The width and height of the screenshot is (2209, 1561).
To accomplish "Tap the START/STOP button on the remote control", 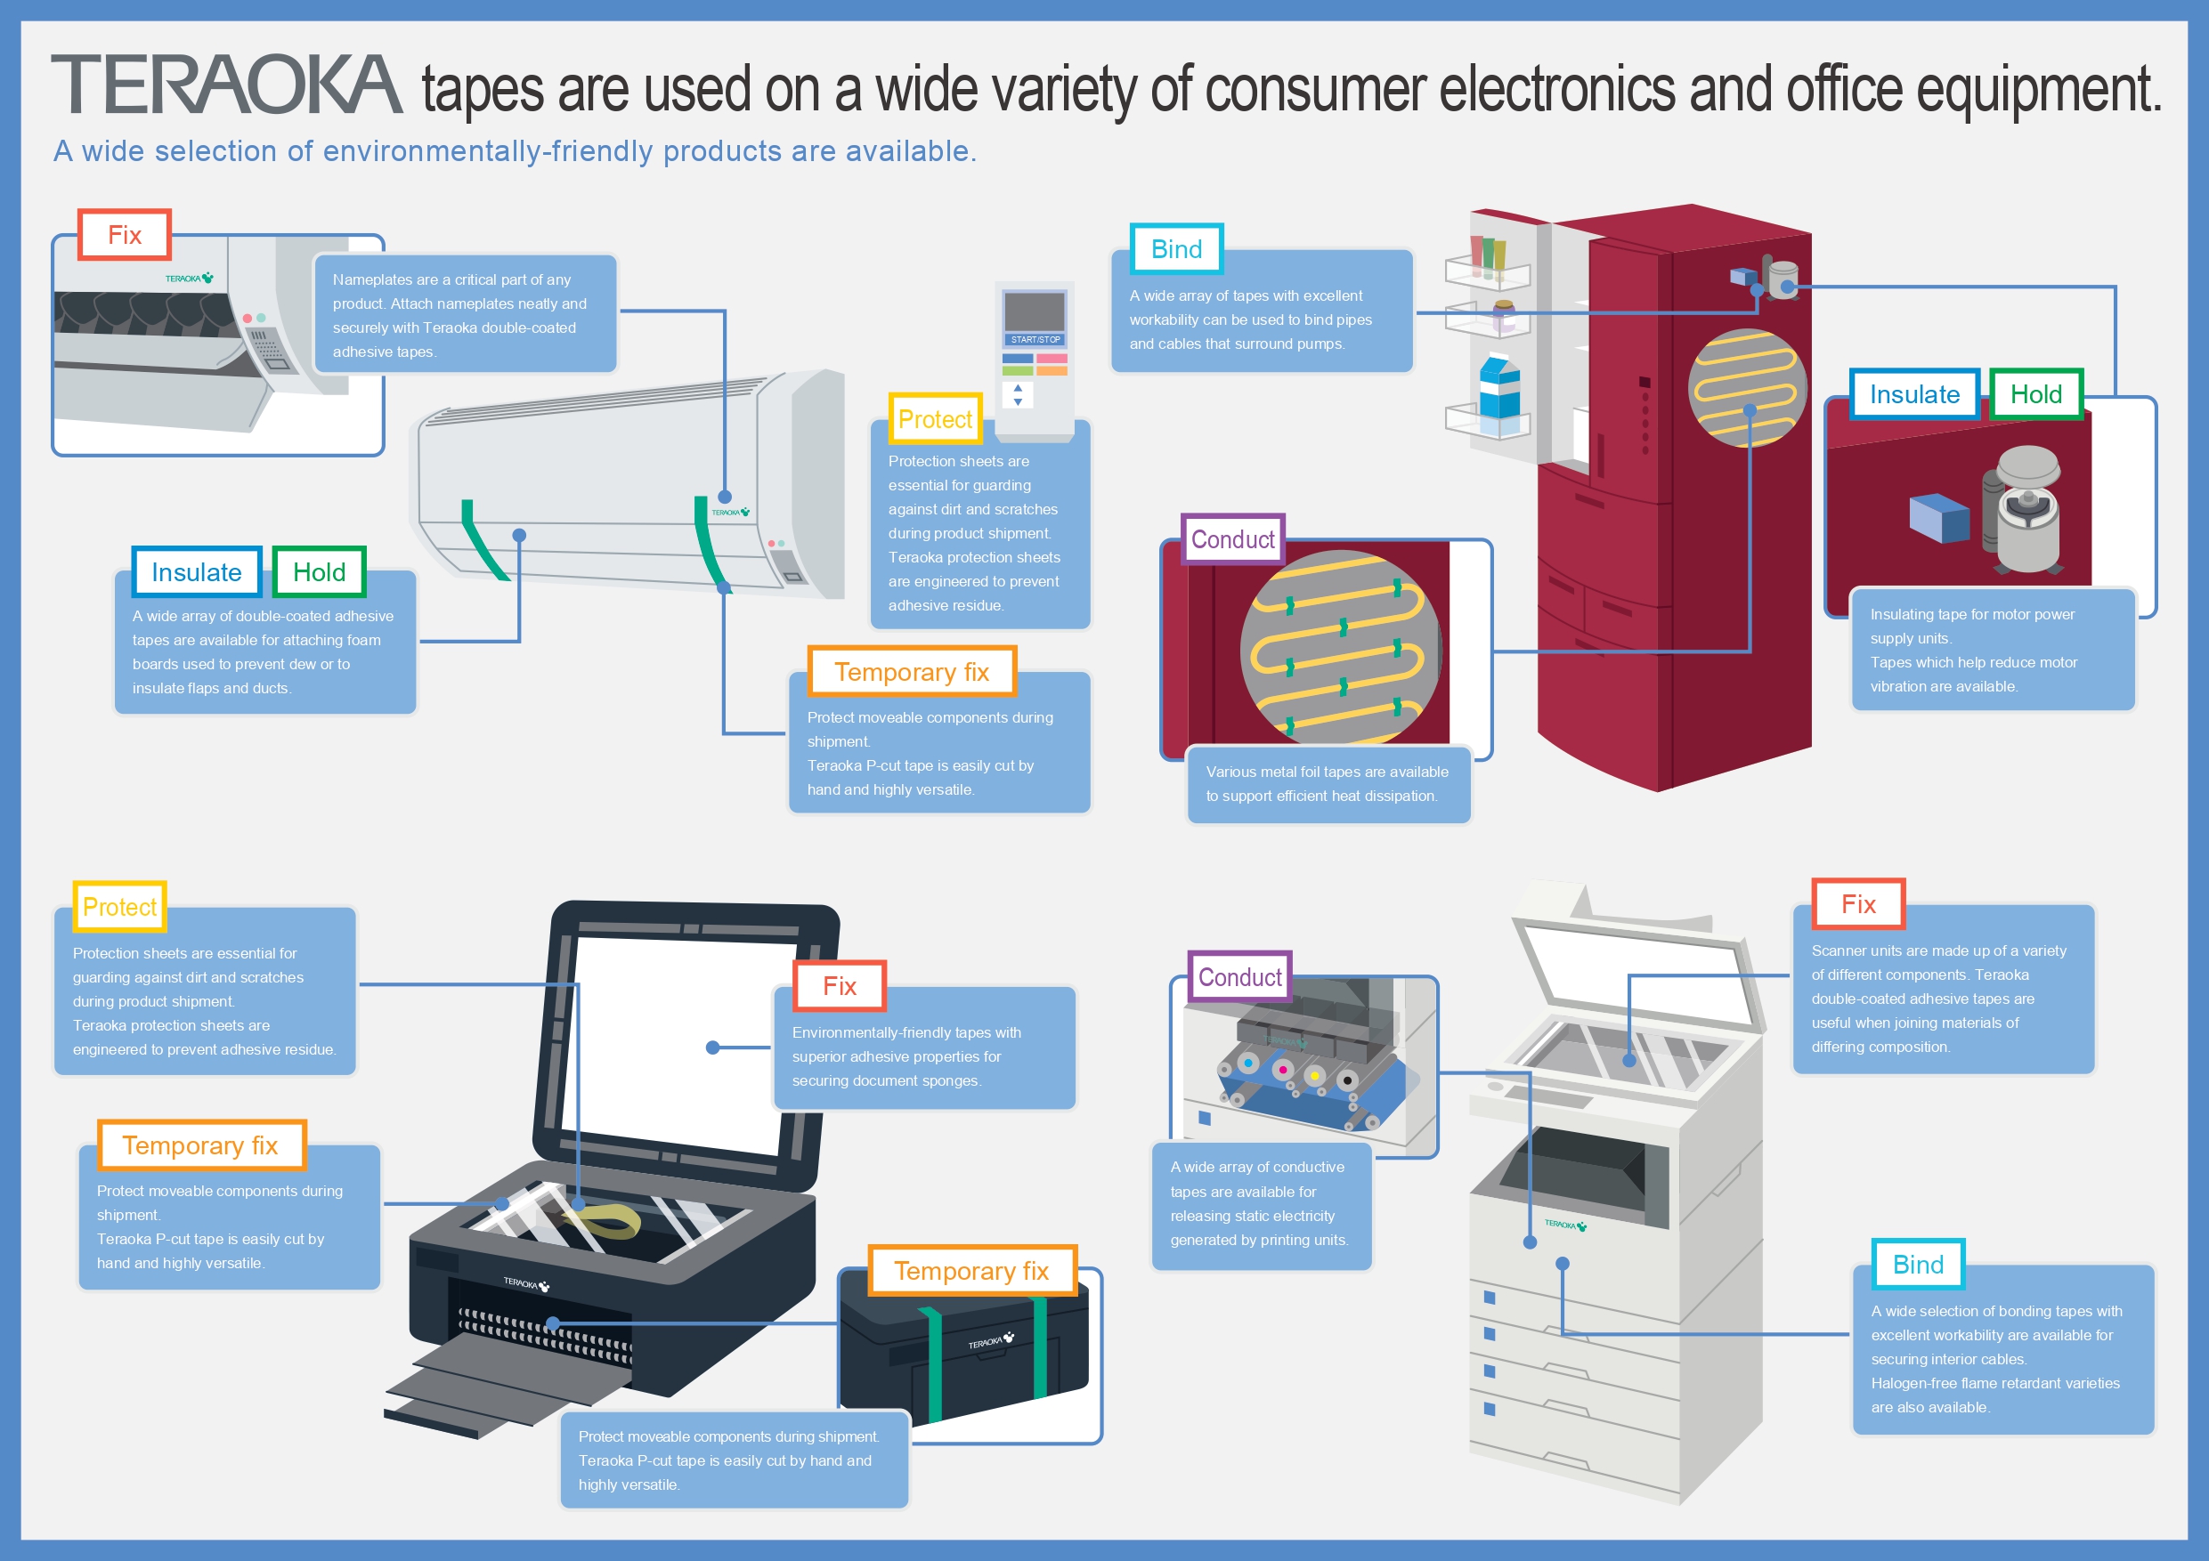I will click(x=1035, y=339).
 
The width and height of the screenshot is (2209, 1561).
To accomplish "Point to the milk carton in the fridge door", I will click(x=1500, y=392).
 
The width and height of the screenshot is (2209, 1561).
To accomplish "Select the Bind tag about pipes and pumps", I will click(x=1175, y=250).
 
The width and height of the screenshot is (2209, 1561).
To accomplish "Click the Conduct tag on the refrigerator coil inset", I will click(x=1232, y=539).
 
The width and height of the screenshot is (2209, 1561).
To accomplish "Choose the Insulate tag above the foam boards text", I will click(x=196, y=572).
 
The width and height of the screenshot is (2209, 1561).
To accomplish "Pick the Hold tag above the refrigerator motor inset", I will click(x=2034, y=394).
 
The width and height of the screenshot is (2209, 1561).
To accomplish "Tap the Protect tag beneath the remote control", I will click(x=934, y=419).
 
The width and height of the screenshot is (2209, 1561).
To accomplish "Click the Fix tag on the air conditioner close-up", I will click(x=124, y=236).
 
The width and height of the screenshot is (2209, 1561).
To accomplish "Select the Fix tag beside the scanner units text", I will click(x=1858, y=904).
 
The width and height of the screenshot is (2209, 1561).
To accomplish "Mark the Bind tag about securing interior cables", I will click(x=1918, y=1265).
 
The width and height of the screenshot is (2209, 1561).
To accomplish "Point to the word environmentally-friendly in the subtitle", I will click(x=487, y=151).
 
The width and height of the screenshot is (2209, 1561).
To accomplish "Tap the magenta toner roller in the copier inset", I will click(x=1282, y=1070).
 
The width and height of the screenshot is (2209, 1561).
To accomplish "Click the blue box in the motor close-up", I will click(x=1938, y=517).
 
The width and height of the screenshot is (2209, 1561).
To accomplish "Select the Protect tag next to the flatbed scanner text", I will click(x=119, y=907).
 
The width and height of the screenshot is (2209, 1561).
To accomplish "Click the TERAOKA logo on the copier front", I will click(x=1564, y=1225).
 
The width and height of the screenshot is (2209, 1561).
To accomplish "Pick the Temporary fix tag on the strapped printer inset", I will click(x=970, y=1272).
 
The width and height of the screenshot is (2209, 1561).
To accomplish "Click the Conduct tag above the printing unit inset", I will click(x=1239, y=977).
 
